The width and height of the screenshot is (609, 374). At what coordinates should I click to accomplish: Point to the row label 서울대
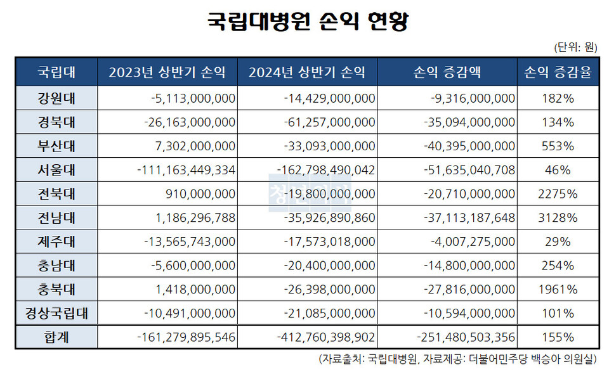56,170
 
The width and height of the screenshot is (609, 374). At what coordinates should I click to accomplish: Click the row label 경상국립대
56,313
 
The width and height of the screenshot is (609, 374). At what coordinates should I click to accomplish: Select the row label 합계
56,338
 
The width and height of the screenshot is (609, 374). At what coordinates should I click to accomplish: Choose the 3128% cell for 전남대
558,218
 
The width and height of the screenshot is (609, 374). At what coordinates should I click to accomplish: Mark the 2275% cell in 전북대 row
558,194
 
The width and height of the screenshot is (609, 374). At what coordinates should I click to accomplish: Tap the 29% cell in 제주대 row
558,242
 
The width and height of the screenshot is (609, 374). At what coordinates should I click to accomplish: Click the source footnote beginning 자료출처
457,359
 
